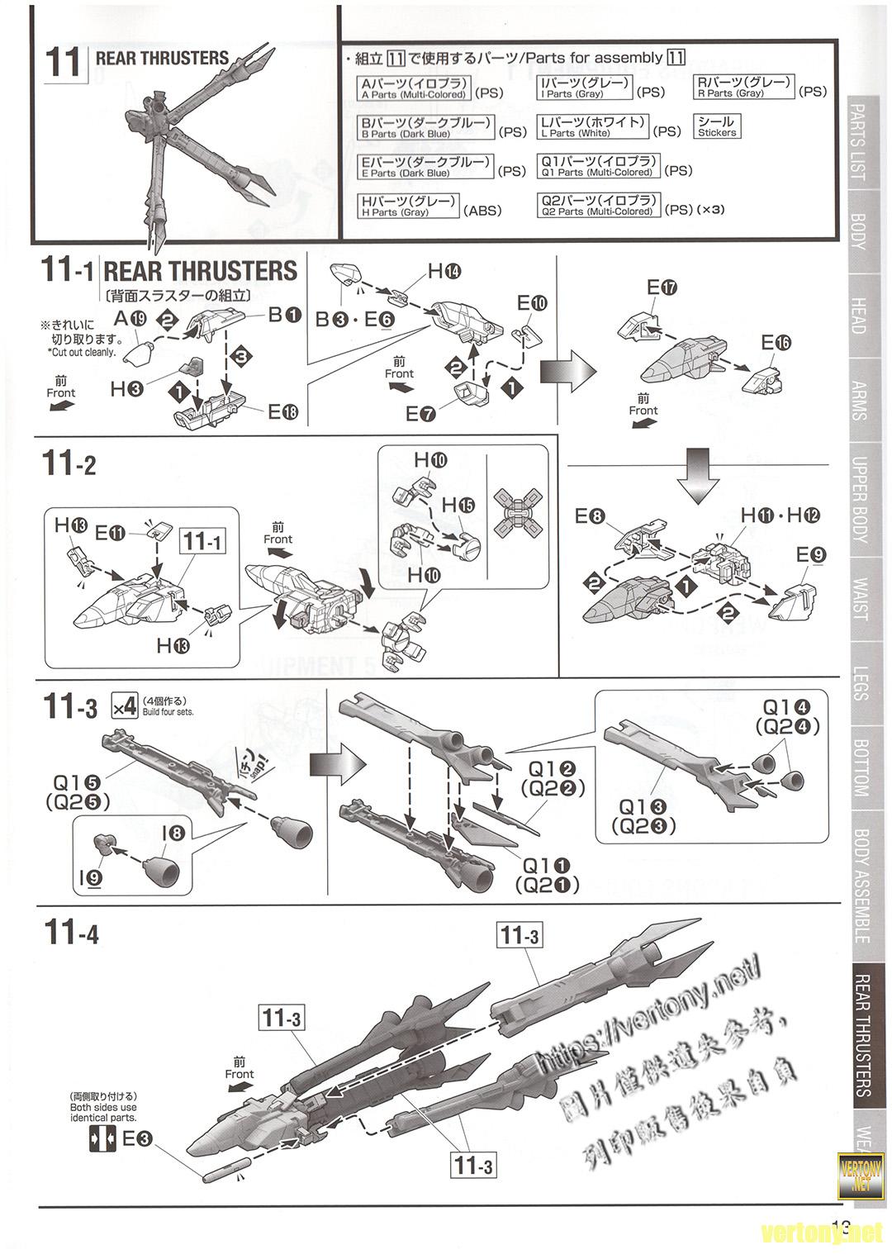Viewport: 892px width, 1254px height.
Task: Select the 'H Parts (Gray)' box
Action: tap(409, 206)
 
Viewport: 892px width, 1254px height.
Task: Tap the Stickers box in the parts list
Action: tap(716, 126)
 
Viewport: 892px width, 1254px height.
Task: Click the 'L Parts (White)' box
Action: tap(593, 126)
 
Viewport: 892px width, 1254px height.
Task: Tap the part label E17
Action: tap(662, 288)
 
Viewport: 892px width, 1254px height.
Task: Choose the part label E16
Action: tap(776, 342)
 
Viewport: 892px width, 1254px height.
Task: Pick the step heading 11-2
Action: tap(69, 464)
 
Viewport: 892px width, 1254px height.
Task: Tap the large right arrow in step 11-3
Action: tap(331, 765)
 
